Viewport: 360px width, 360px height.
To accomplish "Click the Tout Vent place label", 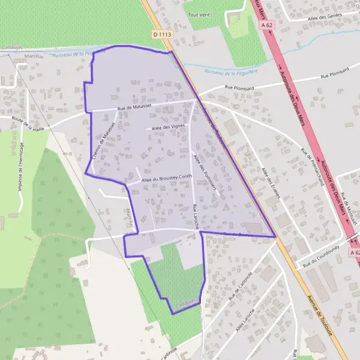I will tap(197, 14).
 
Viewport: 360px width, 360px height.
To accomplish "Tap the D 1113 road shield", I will tap(162, 35).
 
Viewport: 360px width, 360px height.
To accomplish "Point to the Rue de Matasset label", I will tap(134, 107).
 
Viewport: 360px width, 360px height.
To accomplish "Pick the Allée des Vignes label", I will tap(168, 127).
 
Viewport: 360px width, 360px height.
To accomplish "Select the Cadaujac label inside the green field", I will tap(186, 304).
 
